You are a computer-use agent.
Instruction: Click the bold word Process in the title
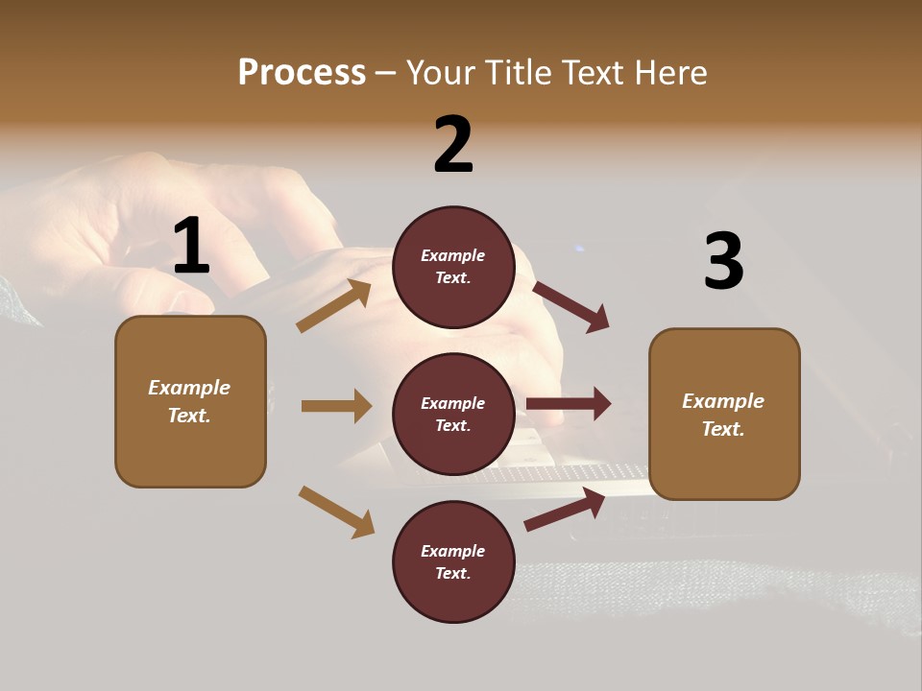[x=302, y=73]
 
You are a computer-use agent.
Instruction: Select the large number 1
[x=190, y=247]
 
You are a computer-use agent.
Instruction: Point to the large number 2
[x=453, y=145]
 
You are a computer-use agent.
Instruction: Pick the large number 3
[x=723, y=261]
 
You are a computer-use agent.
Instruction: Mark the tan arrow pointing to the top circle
[x=334, y=306]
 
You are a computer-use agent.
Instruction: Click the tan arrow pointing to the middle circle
[x=336, y=406]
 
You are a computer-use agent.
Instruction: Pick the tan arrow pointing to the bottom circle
[x=336, y=512]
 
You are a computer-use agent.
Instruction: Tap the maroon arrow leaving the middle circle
[x=569, y=404]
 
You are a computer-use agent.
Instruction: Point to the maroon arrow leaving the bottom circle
[x=565, y=510]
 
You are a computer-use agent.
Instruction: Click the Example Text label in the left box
[x=190, y=401]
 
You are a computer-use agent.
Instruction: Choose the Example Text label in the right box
[x=723, y=415]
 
